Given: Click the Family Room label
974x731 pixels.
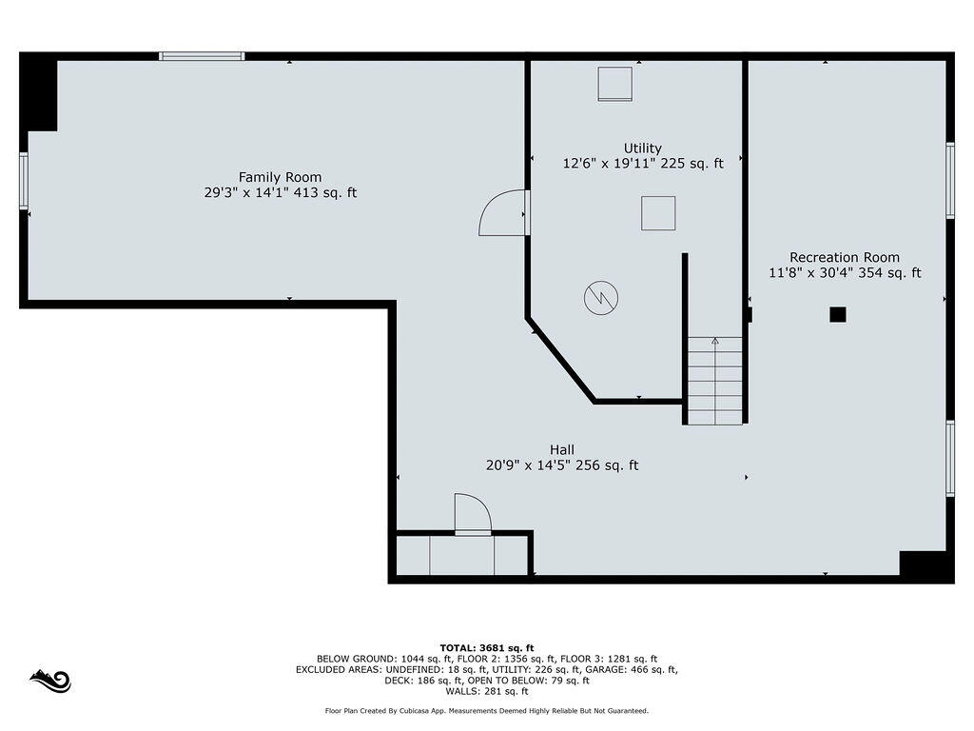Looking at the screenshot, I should pyautogui.click(x=280, y=177).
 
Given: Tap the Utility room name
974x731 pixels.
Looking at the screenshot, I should pyautogui.click(x=642, y=148).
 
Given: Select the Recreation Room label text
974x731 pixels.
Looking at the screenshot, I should pyautogui.click(x=844, y=257).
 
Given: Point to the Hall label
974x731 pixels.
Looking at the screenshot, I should pyautogui.click(x=561, y=449).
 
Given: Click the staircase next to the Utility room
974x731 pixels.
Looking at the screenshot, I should pyautogui.click(x=714, y=380).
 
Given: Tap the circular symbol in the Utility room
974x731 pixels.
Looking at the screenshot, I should pyautogui.click(x=600, y=298).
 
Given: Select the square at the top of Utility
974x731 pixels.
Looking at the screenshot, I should pyautogui.click(x=614, y=84).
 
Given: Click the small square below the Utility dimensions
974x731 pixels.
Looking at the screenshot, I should pyautogui.click(x=657, y=212).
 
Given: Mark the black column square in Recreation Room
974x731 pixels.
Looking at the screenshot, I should pyautogui.click(x=837, y=314).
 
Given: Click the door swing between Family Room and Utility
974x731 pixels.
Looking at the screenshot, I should pyautogui.click(x=501, y=213).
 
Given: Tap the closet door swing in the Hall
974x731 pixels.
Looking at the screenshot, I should pyautogui.click(x=472, y=514).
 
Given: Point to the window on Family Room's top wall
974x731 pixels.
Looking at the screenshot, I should pyautogui.click(x=202, y=56).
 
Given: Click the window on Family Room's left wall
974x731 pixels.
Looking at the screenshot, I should pyautogui.click(x=24, y=181).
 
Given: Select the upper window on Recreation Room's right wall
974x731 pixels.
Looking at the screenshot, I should pyautogui.click(x=949, y=181).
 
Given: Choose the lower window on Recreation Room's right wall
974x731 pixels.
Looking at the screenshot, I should pyautogui.click(x=949, y=459).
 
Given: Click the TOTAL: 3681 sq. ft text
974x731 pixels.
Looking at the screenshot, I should pyautogui.click(x=486, y=647).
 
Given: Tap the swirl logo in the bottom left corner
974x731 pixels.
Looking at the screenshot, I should pyautogui.click(x=49, y=681).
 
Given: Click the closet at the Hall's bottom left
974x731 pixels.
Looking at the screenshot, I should pyautogui.click(x=462, y=556).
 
